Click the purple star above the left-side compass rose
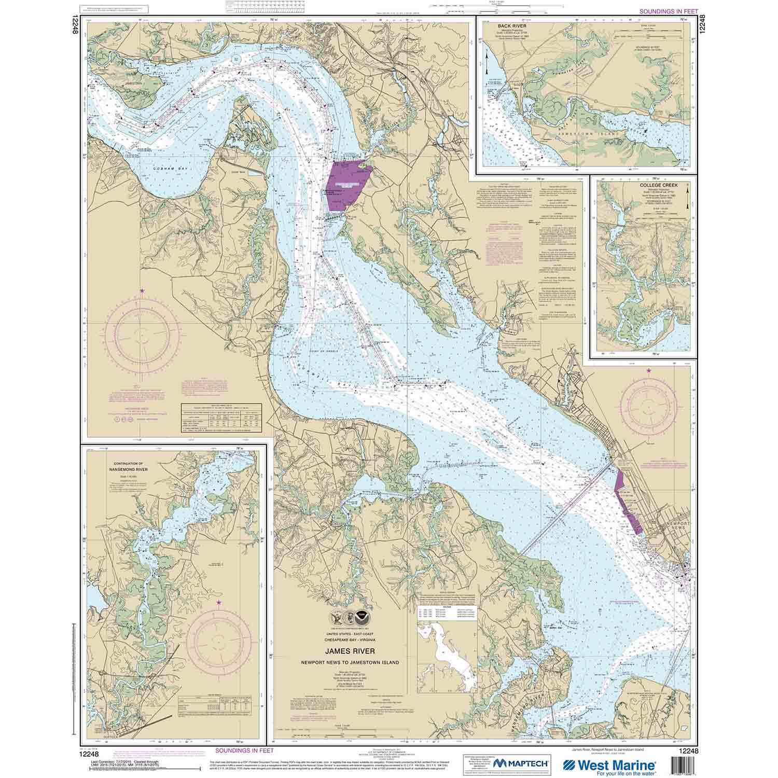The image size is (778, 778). [x=142, y=290]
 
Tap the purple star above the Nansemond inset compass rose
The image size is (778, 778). [x=218, y=602]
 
